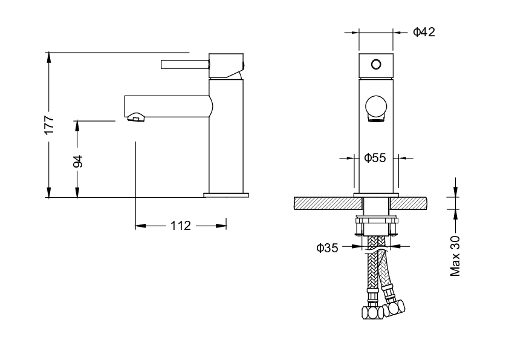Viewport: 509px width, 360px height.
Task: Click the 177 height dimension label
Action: tap(49, 125)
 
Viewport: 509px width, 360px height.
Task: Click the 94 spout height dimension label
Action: tap(77, 162)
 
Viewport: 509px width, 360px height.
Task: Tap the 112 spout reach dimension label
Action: tap(181, 226)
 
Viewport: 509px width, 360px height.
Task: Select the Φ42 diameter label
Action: tap(424, 32)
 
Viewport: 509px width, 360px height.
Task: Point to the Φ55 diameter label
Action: tap(375, 158)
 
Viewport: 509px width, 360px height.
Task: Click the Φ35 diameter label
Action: tap(327, 248)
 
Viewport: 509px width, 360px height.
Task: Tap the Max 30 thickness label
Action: tap(455, 256)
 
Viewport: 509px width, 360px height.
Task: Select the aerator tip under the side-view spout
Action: tap(135, 117)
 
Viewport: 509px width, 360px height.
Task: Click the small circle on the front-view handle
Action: tap(376, 64)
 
